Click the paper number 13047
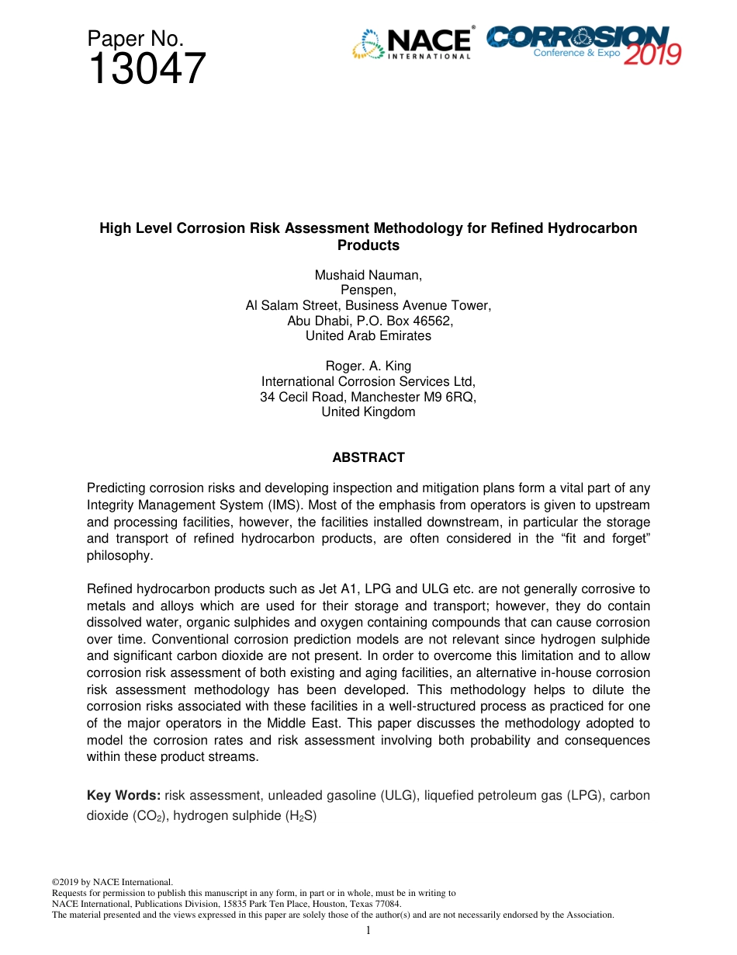(x=147, y=70)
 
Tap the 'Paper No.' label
(x=135, y=39)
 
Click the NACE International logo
(x=412, y=44)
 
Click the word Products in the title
(x=368, y=245)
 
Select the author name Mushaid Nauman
(x=368, y=275)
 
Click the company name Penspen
(x=368, y=290)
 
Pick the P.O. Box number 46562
(x=432, y=321)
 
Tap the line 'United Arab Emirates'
(x=368, y=336)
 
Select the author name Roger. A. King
(x=368, y=366)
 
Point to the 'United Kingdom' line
(x=368, y=412)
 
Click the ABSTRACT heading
(x=368, y=457)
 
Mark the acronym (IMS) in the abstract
(x=279, y=505)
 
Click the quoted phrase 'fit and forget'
(x=600, y=539)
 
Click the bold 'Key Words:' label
(x=123, y=796)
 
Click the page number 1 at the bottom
(x=368, y=930)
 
